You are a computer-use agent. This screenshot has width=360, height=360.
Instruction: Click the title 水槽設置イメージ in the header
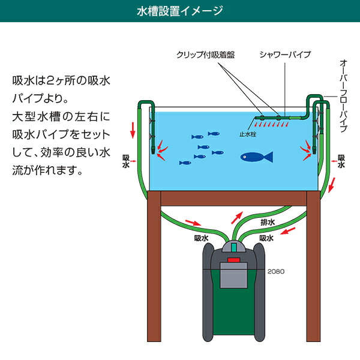pyautogui.click(x=180, y=11)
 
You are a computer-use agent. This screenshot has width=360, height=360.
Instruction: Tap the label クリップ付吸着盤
pyautogui.click(x=205, y=55)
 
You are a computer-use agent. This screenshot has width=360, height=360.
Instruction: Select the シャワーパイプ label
pyautogui.click(x=285, y=55)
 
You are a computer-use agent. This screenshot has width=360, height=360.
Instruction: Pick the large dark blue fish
pyautogui.click(x=256, y=157)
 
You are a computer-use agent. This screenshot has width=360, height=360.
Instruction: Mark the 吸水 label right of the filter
pyautogui.click(x=268, y=238)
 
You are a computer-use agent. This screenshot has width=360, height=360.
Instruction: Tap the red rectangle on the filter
pyautogui.click(x=233, y=261)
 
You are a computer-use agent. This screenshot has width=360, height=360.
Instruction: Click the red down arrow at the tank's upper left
pyautogui.click(x=132, y=127)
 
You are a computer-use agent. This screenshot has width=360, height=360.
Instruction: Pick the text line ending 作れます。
pyautogui.click(x=47, y=170)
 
